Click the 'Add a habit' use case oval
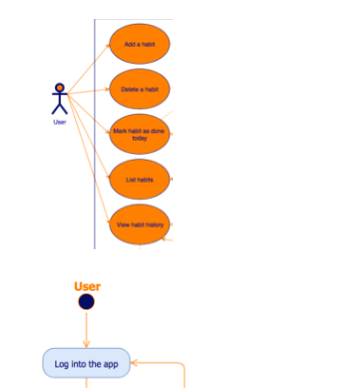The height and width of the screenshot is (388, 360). point(140,45)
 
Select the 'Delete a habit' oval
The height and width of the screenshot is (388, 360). point(140,89)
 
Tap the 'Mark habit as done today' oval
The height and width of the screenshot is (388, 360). point(140,134)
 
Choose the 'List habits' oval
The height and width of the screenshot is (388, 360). point(140,179)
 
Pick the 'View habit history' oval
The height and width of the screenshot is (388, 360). point(140,225)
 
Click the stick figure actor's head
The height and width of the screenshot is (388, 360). point(60,88)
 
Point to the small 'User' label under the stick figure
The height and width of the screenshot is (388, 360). point(60,122)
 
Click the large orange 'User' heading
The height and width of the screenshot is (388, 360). point(87,286)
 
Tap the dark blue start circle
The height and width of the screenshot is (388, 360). point(86,302)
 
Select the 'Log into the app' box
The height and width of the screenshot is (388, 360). point(85,362)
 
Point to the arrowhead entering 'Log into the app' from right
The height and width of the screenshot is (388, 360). point(133,362)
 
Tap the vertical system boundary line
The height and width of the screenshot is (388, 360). point(95,133)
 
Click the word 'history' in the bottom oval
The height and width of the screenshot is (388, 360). point(154,225)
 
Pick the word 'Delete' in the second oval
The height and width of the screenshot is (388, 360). point(130,89)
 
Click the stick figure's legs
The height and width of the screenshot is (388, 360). point(60,109)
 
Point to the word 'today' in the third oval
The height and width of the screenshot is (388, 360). point(140,138)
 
